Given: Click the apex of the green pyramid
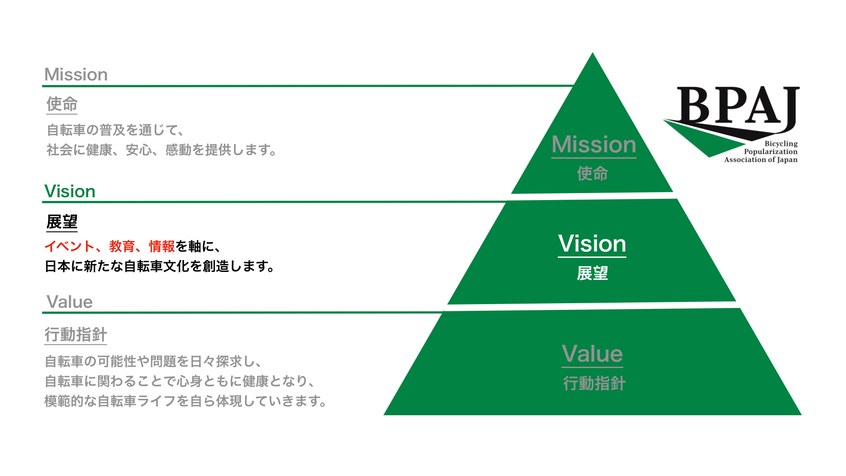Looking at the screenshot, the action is click(x=593, y=52).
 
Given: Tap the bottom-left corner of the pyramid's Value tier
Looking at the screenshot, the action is click(x=384, y=415).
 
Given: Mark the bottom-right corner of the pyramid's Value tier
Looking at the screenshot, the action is click(x=801, y=415).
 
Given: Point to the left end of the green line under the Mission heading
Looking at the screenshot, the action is click(x=43, y=86).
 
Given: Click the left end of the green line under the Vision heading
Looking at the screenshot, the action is click(x=43, y=202).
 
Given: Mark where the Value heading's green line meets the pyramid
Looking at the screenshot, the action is click(x=443, y=312).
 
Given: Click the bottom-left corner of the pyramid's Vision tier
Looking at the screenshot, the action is click(x=448, y=304).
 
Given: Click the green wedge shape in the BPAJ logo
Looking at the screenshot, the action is click(x=705, y=139).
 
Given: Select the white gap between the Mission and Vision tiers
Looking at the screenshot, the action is click(x=592, y=196).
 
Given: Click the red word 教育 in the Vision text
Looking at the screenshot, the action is click(x=122, y=246).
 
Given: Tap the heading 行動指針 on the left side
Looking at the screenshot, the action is click(x=76, y=335).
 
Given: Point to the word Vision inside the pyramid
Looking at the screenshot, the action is click(x=592, y=244).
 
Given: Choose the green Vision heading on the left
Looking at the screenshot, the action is click(x=70, y=191).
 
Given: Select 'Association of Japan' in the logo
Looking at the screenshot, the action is click(x=761, y=160).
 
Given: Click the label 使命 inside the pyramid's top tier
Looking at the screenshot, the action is click(x=593, y=174).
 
